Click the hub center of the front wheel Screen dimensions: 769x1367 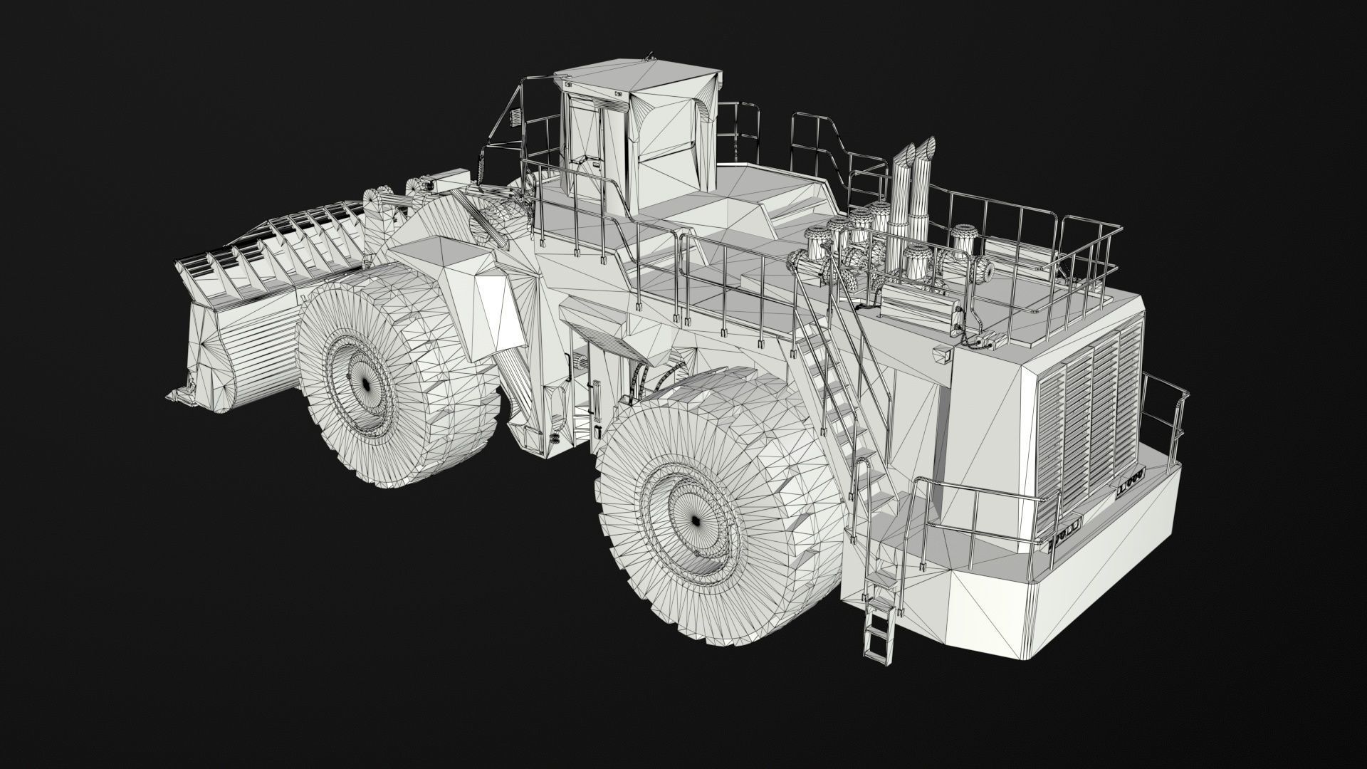[x=365, y=384]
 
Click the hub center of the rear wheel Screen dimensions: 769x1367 [x=694, y=520]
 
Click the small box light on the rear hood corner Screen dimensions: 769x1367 [x=944, y=353]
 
